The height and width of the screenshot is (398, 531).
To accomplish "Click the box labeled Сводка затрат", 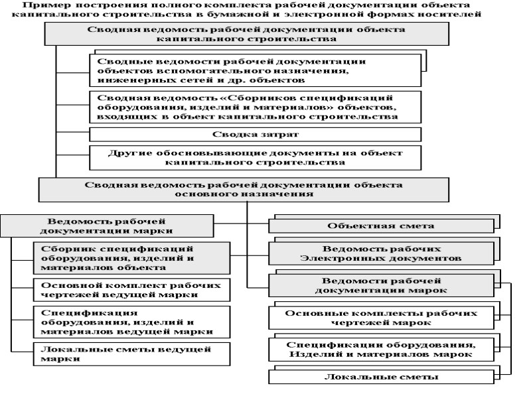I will pyautogui.click(x=255, y=135).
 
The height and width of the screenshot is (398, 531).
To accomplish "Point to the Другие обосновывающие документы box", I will pyautogui.click(x=255, y=157).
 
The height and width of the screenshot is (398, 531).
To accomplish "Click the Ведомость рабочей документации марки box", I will pyautogui.click(x=106, y=226).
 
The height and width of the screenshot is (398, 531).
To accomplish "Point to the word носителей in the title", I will pyautogui.click(x=454, y=14).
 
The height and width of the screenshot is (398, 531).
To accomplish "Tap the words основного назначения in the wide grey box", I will pyautogui.click(x=244, y=195).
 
